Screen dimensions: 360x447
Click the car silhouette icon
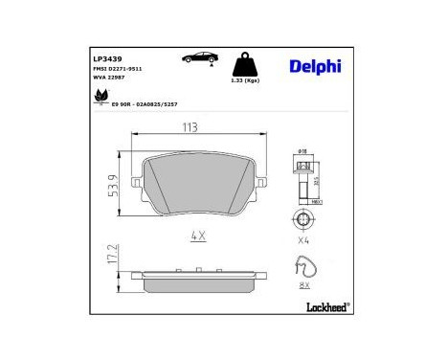[198, 60]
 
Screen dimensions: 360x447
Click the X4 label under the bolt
[303, 240]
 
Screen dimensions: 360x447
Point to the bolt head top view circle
[302, 222]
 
